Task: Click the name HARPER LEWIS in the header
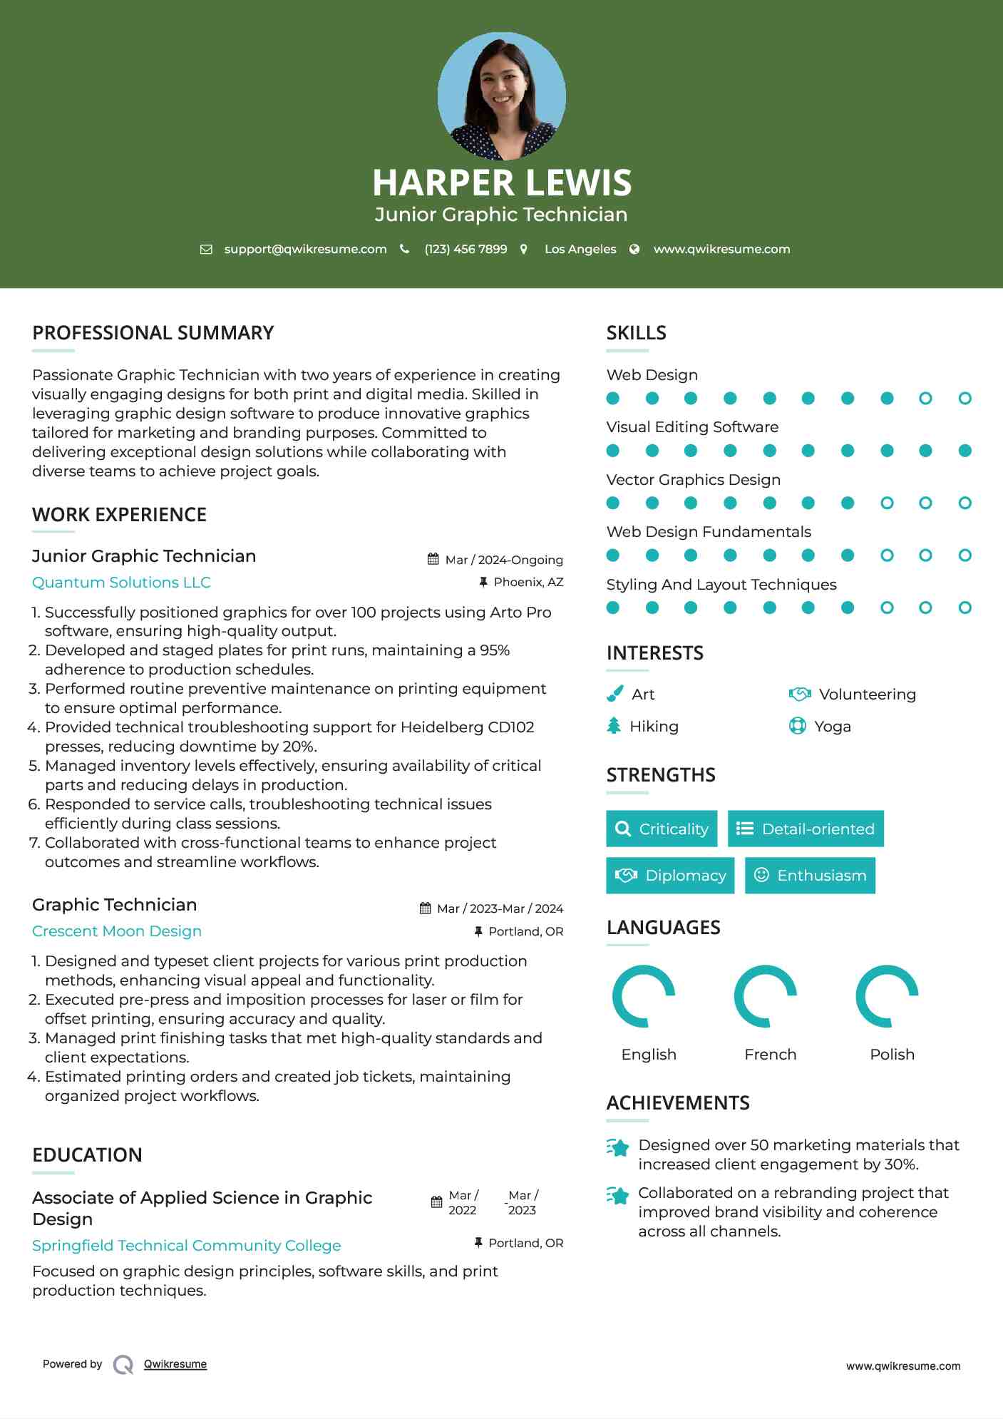[502, 183]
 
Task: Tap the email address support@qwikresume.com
[305, 249]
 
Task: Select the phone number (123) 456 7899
[466, 249]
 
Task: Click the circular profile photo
[502, 96]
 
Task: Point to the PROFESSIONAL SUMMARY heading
[153, 333]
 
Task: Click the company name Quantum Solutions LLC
[121, 583]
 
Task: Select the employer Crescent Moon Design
[117, 931]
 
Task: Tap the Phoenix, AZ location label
[528, 582]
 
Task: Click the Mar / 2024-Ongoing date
[503, 560]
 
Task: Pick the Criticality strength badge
[662, 829]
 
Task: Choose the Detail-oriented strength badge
[806, 829]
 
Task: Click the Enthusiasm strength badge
[810, 875]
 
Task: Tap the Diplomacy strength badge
[670, 875]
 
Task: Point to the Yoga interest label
[833, 727]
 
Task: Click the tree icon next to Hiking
[614, 726]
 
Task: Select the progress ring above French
[766, 996]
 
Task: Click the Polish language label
[892, 1055]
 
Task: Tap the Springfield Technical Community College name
[187, 1246]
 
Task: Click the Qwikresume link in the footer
[175, 1364]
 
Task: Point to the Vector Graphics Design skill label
[693, 480]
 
